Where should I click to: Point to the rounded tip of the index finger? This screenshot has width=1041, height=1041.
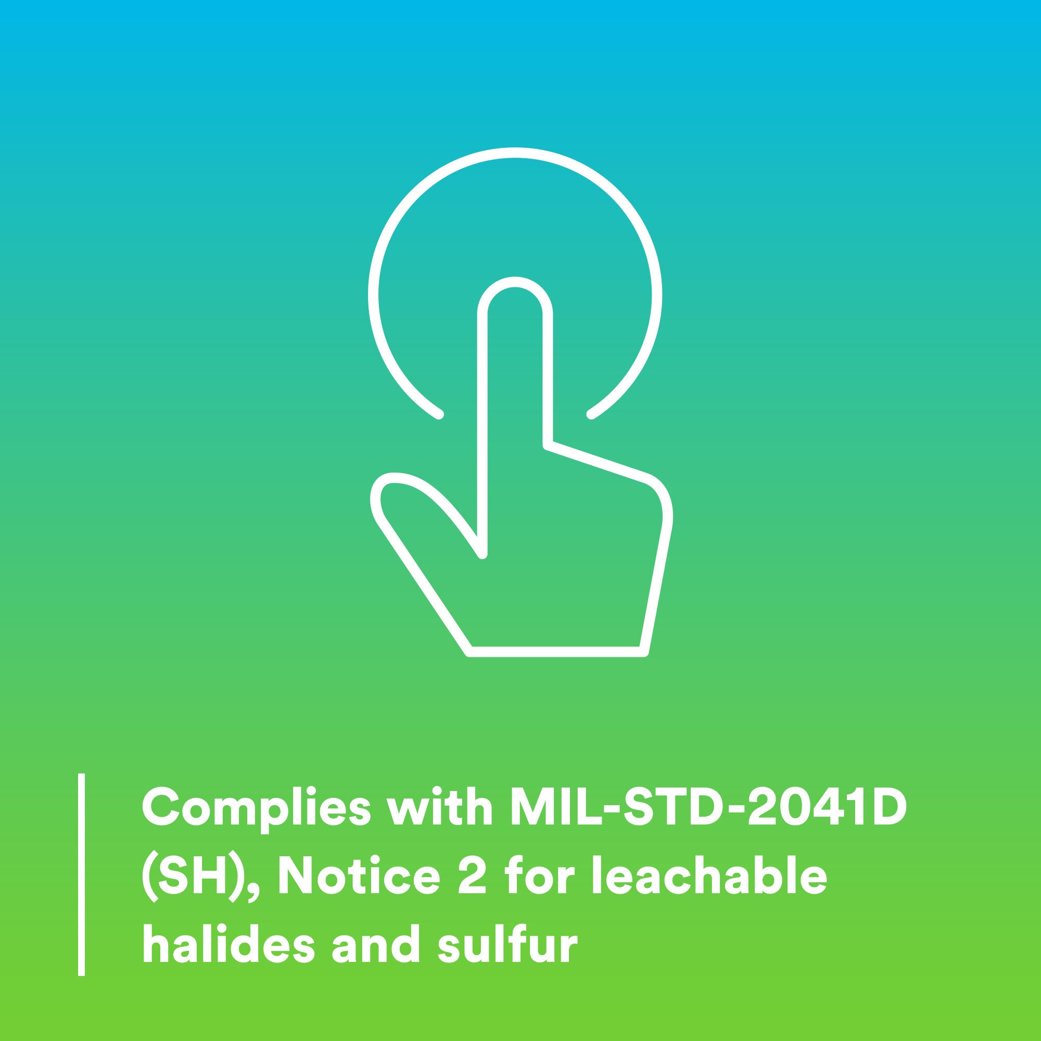point(515,282)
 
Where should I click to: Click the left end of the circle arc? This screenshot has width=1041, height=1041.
point(439,414)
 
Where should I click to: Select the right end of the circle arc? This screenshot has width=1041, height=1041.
point(591,414)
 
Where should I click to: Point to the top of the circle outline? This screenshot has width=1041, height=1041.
point(515,153)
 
